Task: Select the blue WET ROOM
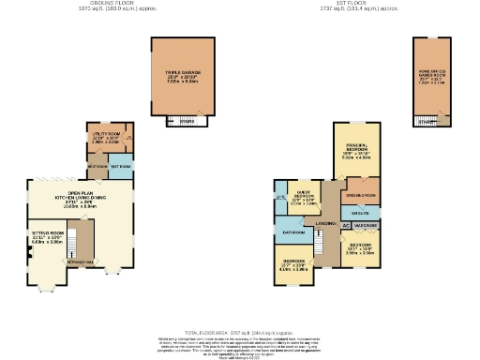click(x=121, y=166)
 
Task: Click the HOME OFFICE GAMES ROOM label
click(x=431, y=76)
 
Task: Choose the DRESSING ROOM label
click(x=360, y=195)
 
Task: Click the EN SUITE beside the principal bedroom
click(x=360, y=212)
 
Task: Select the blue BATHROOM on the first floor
click(x=294, y=230)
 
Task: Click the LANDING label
click(x=325, y=223)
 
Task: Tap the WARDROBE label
click(x=366, y=225)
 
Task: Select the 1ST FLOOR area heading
click(x=350, y=4)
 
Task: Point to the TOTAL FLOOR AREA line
click(x=239, y=332)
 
